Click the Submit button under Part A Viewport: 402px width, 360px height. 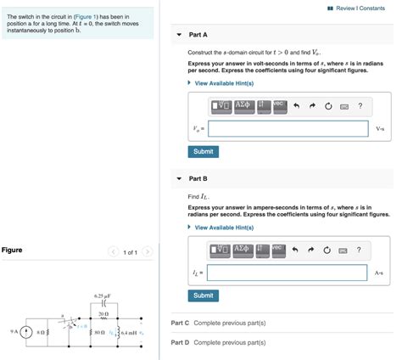(x=204, y=151)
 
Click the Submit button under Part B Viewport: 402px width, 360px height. (x=204, y=295)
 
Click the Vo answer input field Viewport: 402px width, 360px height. (x=287, y=129)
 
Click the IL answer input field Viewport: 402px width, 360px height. (x=287, y=273)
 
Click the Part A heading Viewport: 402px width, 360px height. (x=198, y=35)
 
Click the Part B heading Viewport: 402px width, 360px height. (x=198, y=179)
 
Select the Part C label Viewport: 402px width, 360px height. (x=181, y=323)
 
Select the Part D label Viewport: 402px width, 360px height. (x=181, y=342)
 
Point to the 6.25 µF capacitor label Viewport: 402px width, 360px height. (x=103, y=295)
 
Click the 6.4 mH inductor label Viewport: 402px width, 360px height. (x=130, y=333)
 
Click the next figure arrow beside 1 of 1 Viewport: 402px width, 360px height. (x=147, y=252)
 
